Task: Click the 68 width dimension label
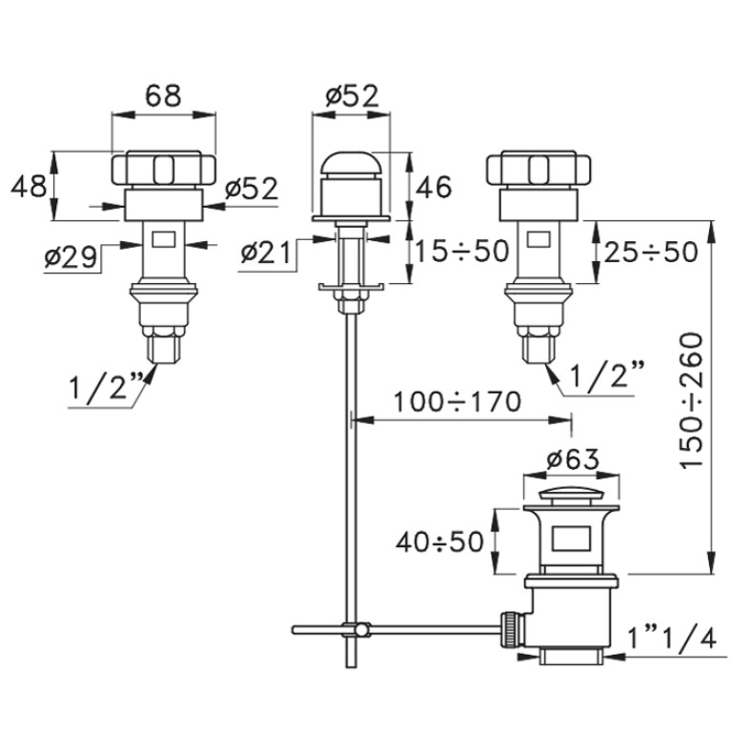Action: pos(163,95)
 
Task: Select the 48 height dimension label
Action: pos(29,186)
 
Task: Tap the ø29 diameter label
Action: pos(71,257)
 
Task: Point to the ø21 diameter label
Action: pos(266,254)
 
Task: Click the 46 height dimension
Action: pos(434,187)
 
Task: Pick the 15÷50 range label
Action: pos(461,251)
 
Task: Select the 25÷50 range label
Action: pos(651,253)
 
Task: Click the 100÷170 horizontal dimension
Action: pos(457,402)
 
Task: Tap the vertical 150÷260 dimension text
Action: pos(690,400)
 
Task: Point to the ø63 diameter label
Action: pos(573,459)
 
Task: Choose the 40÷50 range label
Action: pos(439,541)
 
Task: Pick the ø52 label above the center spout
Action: pos(353,96)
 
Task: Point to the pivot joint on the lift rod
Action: pos(361,630)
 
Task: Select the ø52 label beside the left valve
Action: pos(252,189)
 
